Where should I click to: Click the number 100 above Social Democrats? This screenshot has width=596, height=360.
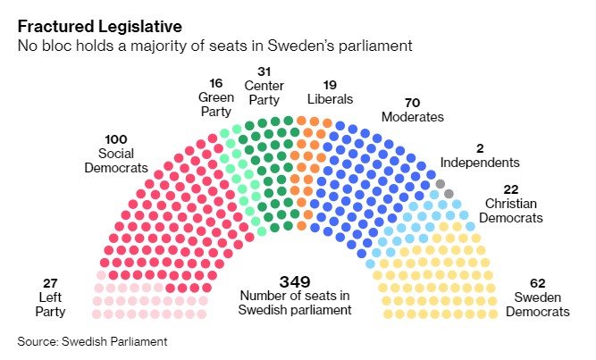coord(116,139)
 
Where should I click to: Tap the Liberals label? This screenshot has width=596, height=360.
coord(331,98)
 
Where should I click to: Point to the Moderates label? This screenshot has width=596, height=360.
coord(412,117)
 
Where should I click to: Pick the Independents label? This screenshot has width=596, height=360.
coord(479,163)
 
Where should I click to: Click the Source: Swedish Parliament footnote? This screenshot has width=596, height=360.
coord(92,341)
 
